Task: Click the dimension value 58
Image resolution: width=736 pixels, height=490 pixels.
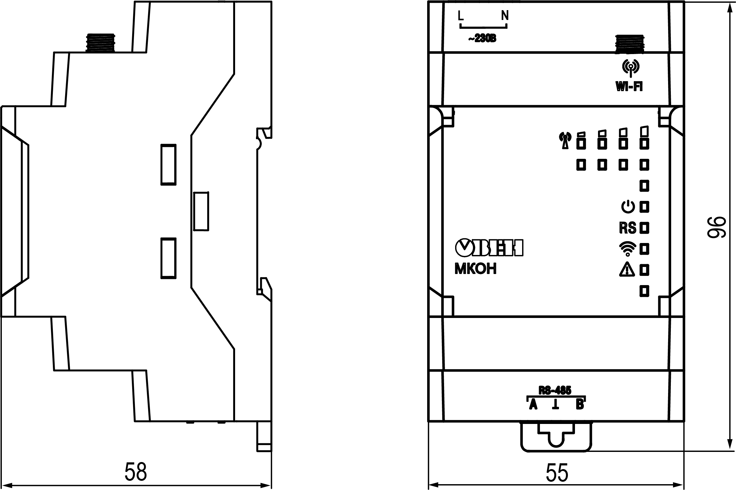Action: (x=136, y=472)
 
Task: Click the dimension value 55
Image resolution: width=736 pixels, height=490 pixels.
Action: (x=557, y=473)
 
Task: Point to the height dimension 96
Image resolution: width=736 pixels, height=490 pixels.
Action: (x=717, y=227)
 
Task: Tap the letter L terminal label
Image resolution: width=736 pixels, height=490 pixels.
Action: (x=461, y=15)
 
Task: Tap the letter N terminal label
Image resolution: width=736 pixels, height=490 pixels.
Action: (x=505, y=15)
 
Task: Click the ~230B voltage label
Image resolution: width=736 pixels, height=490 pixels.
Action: (x=482, y=39)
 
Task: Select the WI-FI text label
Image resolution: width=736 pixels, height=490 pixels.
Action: (x=629, y=87)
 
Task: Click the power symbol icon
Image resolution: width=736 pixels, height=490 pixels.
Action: (x=628, y=207)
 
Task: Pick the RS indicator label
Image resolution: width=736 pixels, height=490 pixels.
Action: (x=627, y=228)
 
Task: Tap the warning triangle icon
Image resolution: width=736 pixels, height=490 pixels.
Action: (x=627, y=269)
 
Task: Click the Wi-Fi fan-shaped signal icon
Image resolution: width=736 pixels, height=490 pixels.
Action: (x=627, y=249)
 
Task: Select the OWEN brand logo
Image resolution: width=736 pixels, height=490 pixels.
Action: (x=489, y=248)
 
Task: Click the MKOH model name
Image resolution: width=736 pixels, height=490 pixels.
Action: (x=475, y=269)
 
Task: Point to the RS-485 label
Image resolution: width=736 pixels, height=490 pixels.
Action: (x=555, y=390)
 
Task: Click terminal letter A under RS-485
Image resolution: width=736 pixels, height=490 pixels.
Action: (x=533, y=405)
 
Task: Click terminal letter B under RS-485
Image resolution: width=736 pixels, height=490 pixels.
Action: (x=580, y=405)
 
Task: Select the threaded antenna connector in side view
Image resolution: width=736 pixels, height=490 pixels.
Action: (x=100, y=42)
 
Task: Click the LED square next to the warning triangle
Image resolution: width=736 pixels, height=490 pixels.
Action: (x=644, y=270)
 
